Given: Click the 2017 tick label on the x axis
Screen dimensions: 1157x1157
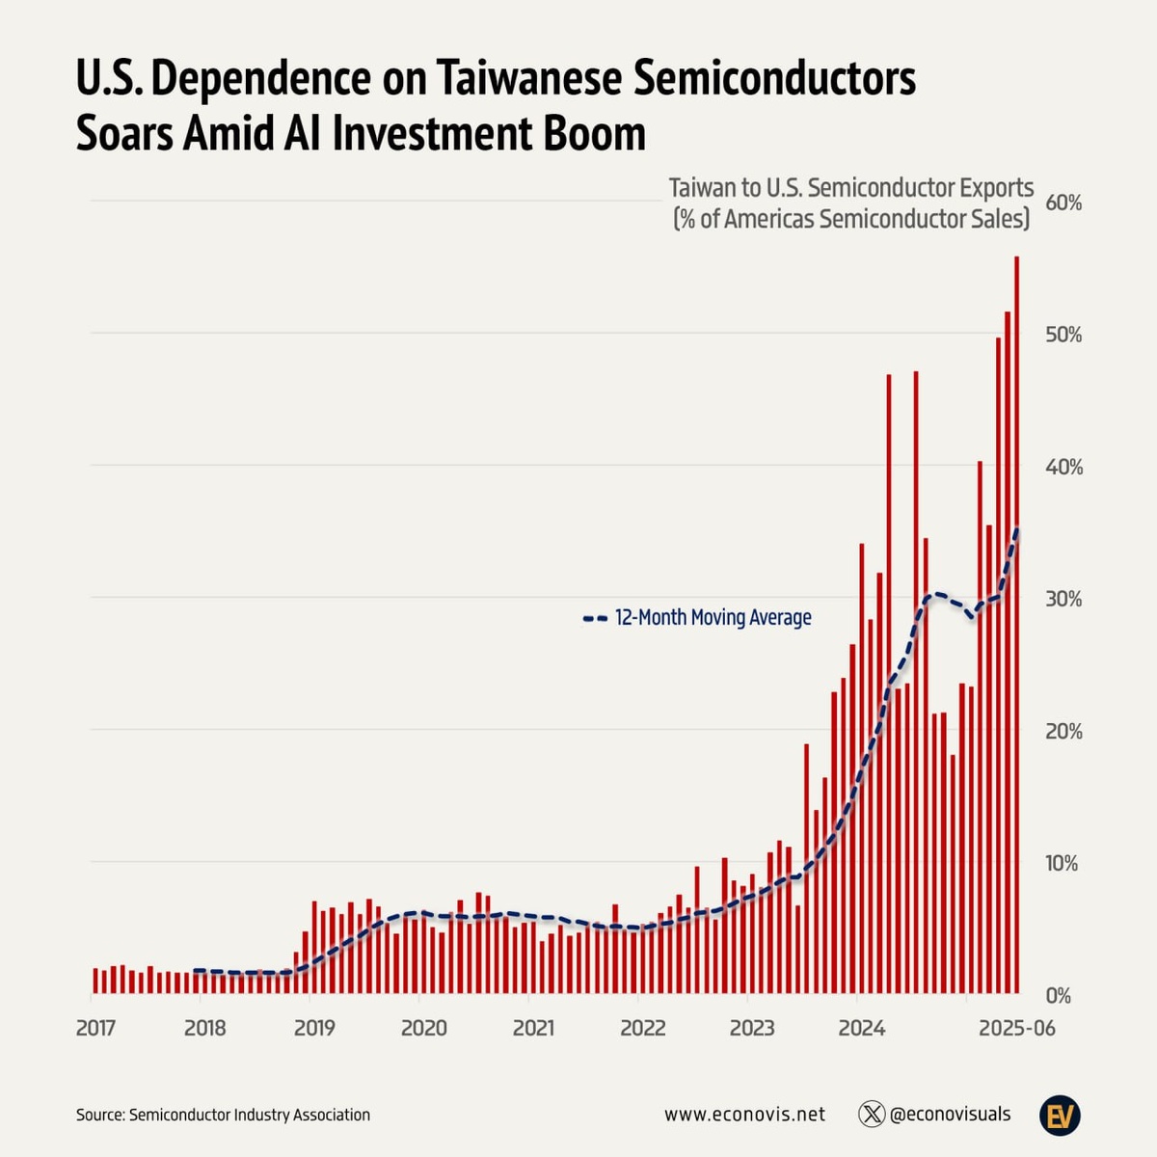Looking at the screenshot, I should pos(95,1028).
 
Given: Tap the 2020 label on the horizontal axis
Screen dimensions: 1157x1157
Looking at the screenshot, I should pos(423,1028).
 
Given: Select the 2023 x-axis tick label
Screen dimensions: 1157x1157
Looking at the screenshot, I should pos(752,1028).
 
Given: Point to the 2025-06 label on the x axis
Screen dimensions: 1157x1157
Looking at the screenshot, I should pos(1017,1028).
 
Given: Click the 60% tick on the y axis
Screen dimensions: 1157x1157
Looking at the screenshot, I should pos(1063,203).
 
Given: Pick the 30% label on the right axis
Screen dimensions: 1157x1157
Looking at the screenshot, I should pos(1063,599).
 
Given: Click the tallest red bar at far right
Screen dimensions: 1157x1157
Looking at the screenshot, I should pos(1016,627).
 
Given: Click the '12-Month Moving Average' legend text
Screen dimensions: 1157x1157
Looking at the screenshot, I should pos(713,617).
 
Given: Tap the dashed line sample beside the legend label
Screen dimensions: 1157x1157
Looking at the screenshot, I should pos(595,618).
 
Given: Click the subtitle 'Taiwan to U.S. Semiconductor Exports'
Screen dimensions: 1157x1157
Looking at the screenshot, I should pos(851,188).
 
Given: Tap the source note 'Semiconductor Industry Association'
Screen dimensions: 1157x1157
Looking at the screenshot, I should pos(249,1115).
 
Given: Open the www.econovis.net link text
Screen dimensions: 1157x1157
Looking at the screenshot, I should pos(744,1115).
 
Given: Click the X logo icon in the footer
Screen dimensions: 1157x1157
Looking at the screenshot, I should pos(872,1115).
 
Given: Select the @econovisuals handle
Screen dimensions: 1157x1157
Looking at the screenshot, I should pos(950,1115).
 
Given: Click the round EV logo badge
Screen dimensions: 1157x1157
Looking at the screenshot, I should pos(1060,1115).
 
